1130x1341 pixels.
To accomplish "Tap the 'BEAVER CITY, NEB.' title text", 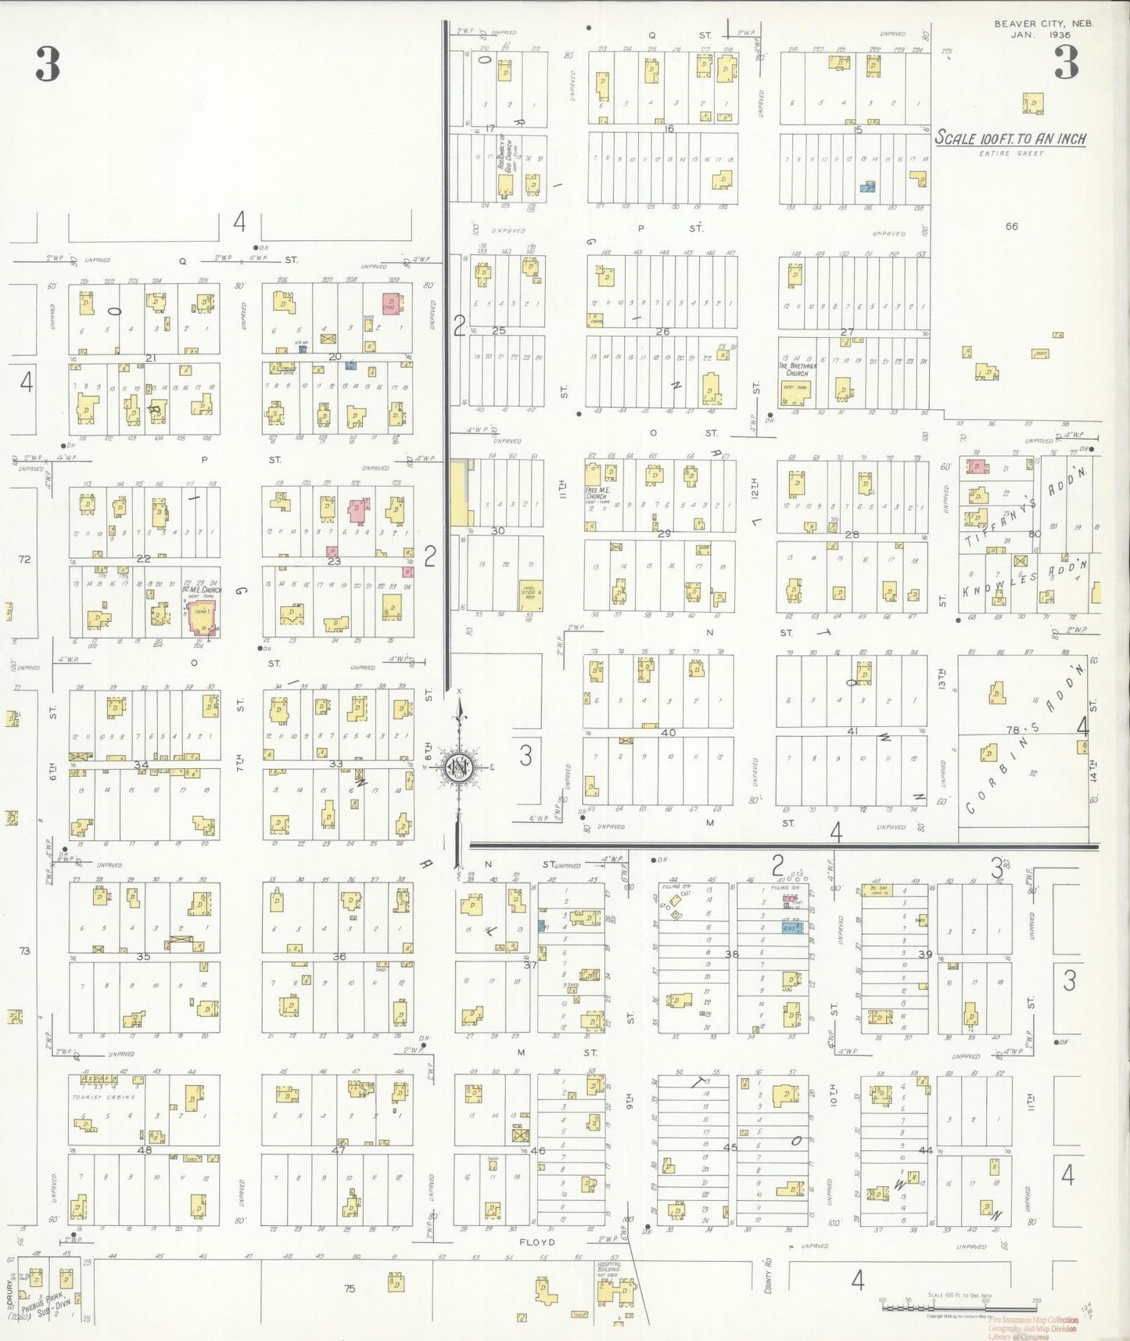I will (x=1043, y=23).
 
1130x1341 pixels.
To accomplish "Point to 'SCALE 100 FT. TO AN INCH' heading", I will (x=1010, y=138).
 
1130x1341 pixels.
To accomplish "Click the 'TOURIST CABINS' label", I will (x=103, y=1097).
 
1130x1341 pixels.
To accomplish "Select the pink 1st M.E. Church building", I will (x=201, y=619).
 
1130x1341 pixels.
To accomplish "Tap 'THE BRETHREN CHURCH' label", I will (x=797, y=369).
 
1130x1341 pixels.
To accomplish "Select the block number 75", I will (x=349, y=1288).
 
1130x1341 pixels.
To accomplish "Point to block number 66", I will (x=1012, y=226).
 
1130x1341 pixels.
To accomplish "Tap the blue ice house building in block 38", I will (x=791, y=928).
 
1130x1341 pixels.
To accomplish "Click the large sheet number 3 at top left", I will (x=48, y=63).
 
